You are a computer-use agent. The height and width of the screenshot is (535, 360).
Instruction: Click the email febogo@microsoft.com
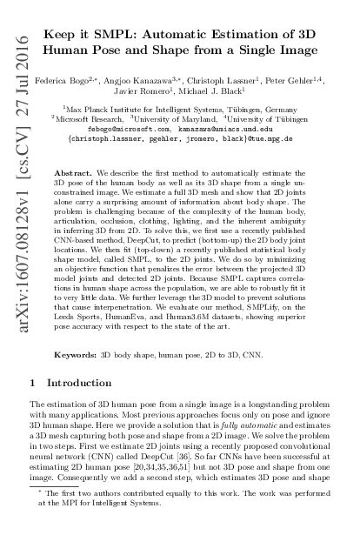click(137, 124)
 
